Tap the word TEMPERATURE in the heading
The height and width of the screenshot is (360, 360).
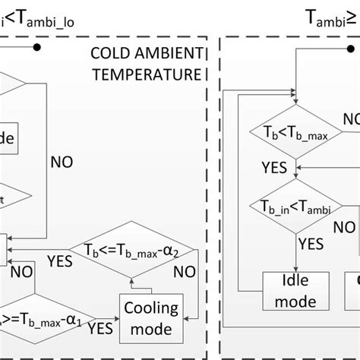pos(154,75)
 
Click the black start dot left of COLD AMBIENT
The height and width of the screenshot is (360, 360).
pos(36,47)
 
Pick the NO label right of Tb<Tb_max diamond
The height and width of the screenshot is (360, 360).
pos(351,120)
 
